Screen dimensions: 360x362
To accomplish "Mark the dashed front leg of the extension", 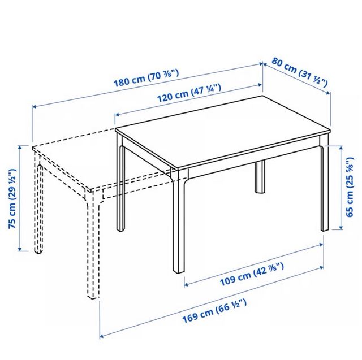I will coord(90,249).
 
